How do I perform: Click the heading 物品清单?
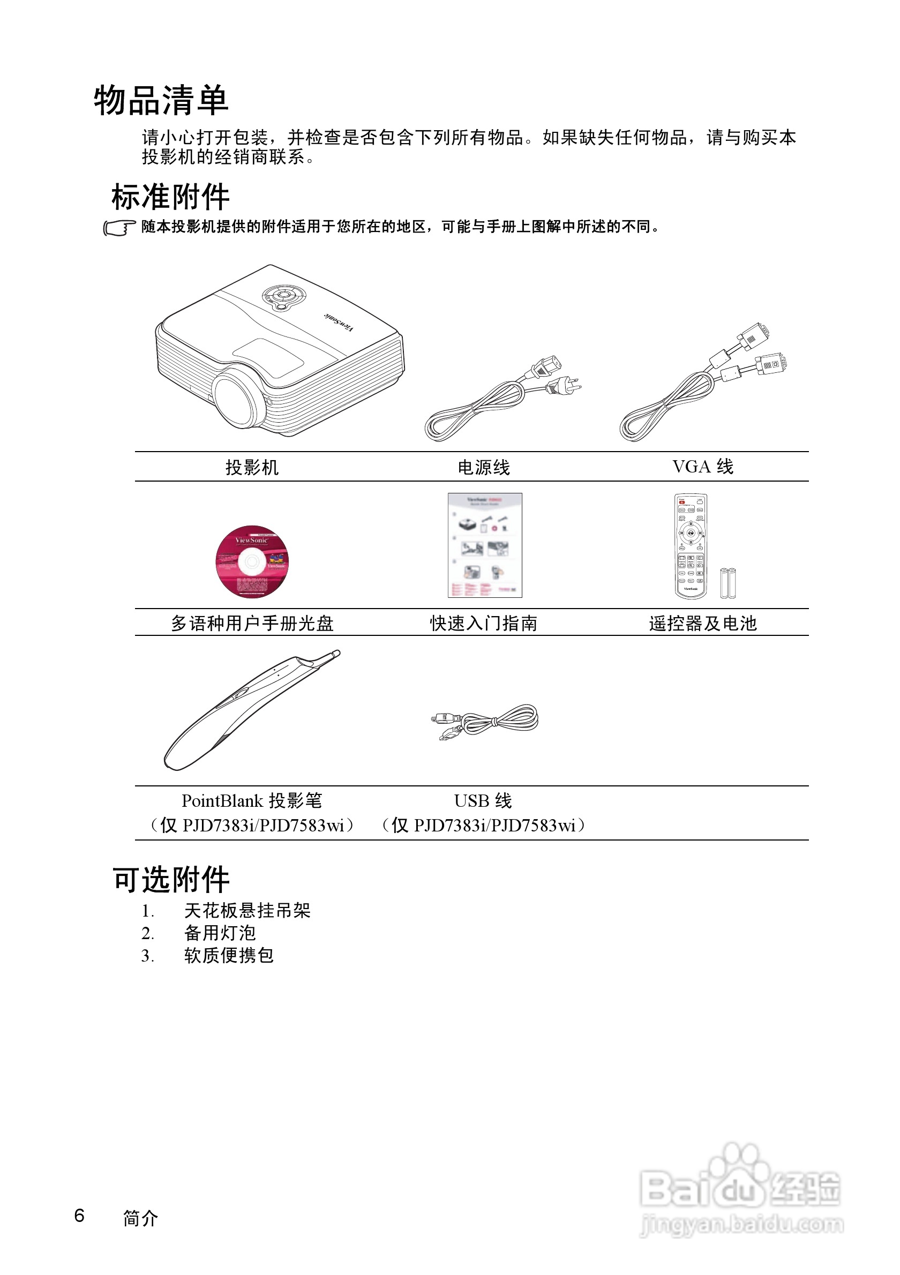pos(161,101)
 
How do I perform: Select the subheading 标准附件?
pos(170,197)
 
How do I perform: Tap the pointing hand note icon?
pos(119,228)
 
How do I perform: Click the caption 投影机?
pos(251,468)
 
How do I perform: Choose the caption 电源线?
pos(483,468)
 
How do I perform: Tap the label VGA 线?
pos(702,467)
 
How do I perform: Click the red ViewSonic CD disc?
pos(252,562)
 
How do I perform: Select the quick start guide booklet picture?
pos(485,545)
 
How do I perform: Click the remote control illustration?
pos(691,546)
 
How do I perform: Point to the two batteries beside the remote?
pos(727,582)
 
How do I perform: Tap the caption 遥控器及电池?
pos(702,624)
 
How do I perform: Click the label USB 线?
pos(483,801)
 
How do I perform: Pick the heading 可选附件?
pos(171,880)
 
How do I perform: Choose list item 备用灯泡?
pos(220,933)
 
